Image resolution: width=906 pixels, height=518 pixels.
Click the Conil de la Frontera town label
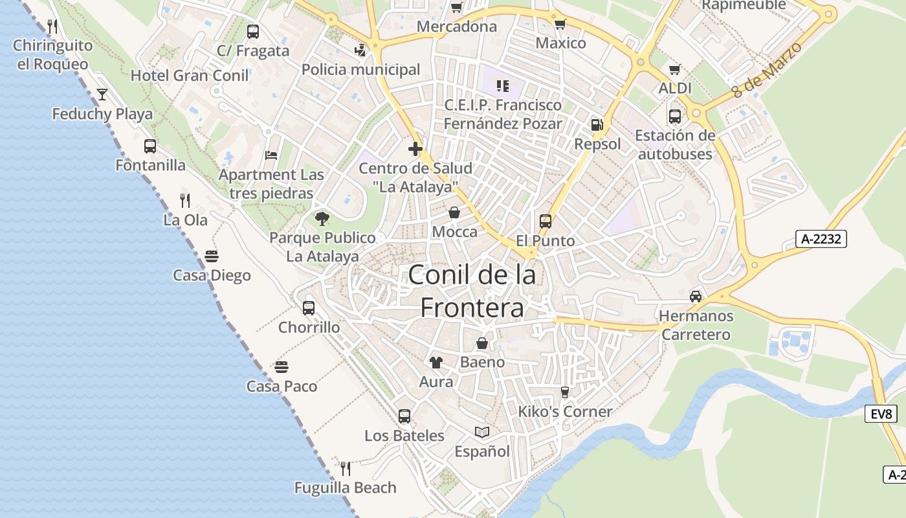tap(472, 291)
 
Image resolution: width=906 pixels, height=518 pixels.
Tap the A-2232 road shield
tap(821, 239)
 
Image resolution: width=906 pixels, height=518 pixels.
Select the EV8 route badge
tap(881, 414)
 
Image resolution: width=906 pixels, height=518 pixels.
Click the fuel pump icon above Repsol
tap(597, 124)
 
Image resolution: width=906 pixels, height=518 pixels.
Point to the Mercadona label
tap(457, 27)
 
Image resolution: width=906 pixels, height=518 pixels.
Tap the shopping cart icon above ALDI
tap(675, 69)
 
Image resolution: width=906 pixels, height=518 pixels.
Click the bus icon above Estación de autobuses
tap(675, 117)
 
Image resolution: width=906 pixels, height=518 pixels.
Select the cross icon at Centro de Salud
tap(415, 150)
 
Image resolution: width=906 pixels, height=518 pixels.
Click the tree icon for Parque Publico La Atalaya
tap(322, 219)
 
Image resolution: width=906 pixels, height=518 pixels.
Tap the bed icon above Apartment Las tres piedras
tap(272, 155)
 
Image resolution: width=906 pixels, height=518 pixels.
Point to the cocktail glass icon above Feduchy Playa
tap(102, 95)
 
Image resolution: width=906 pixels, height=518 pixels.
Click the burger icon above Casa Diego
tap(212, 256)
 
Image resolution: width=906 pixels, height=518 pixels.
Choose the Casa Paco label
tap(282, 387)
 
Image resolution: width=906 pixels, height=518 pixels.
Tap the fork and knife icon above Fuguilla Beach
tap(346, 468)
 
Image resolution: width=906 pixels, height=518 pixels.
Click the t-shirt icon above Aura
tap(436, 363)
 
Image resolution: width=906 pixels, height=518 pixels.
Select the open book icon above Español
tap(482, 432)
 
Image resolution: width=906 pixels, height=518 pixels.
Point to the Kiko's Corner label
tap(565, 412)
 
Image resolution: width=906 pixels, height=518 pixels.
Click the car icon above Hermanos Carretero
tap(696, 297)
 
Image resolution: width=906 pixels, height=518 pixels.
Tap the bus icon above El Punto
tap(546, 221)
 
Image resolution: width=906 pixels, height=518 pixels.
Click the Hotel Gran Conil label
tap(190, 76)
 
